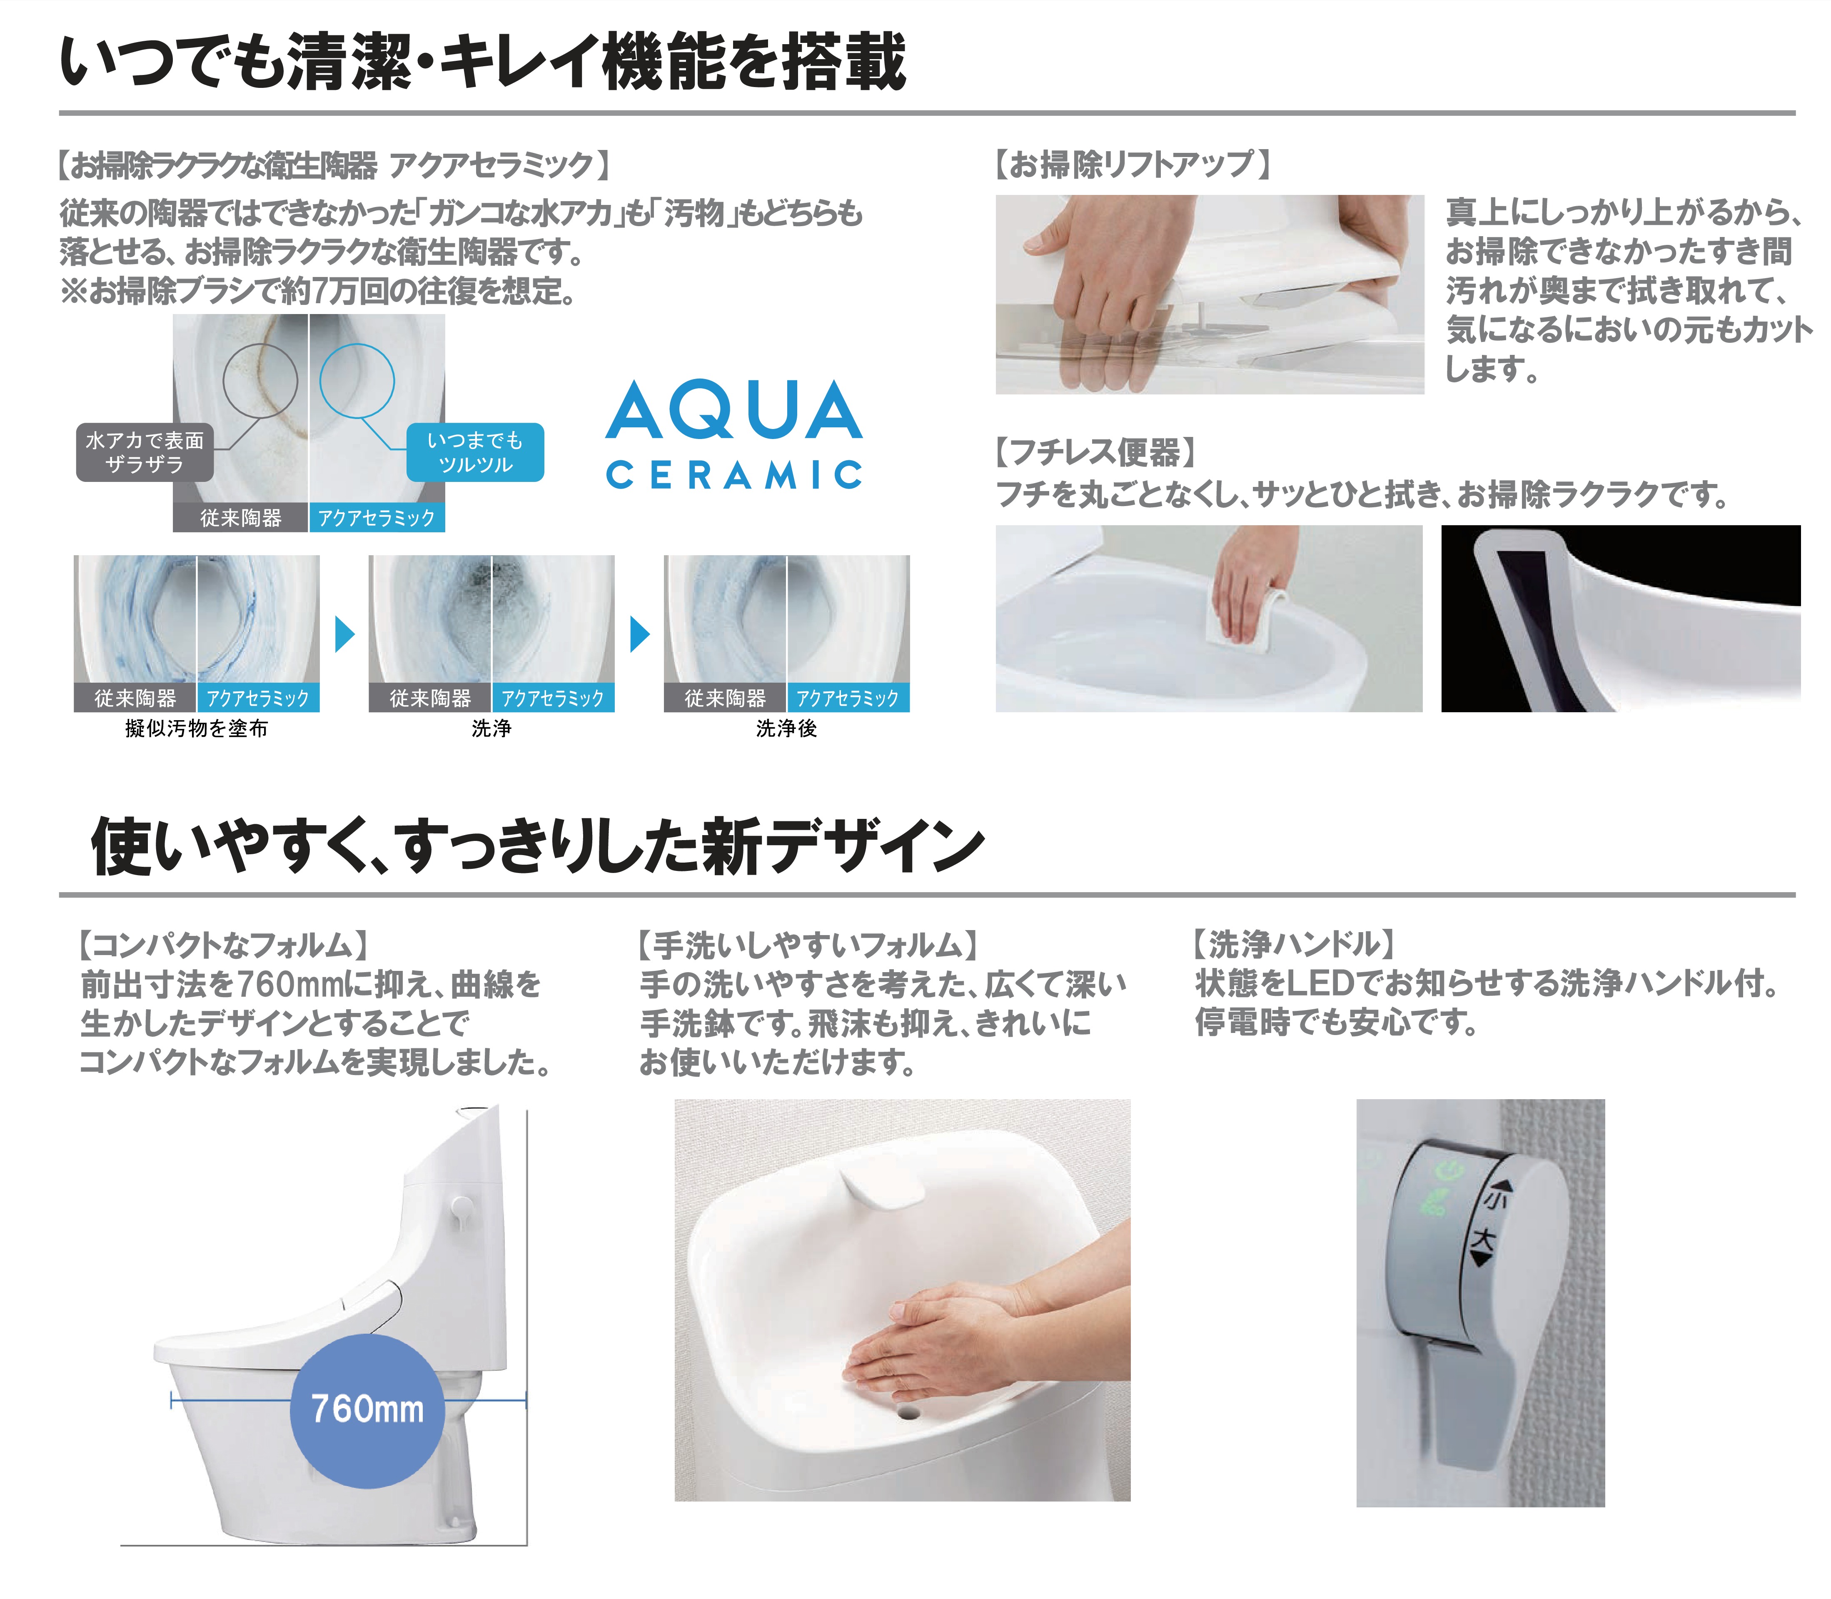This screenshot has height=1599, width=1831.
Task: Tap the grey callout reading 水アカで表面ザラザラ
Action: [145, 452]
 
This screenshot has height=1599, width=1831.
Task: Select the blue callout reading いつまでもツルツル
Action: [475, 452]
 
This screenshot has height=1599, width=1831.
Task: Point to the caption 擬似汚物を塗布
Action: [196, 728]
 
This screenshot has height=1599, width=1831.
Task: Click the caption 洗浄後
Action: [786, 728]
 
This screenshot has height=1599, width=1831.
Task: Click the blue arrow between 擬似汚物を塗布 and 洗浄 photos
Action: [344, 634]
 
